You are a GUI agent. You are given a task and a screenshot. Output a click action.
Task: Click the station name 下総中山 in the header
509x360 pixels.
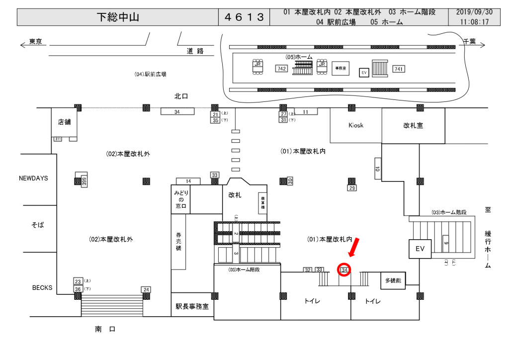(117, 17)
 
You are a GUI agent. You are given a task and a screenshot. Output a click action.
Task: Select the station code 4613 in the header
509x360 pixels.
(244, 17)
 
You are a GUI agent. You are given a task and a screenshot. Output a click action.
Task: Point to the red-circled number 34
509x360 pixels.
(344, 270)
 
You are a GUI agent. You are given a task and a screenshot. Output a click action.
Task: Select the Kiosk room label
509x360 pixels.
(355, 125)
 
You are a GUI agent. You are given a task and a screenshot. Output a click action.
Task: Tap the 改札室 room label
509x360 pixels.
(413, 126)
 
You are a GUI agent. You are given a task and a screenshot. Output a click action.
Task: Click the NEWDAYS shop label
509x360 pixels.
(34, 178)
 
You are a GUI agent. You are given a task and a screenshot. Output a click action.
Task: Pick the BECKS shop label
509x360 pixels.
(42, 288)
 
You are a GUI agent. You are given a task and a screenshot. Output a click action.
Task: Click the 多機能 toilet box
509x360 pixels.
(393, 281)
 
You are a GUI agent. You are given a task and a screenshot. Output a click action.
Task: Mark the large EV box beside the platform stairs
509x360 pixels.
(419, 249)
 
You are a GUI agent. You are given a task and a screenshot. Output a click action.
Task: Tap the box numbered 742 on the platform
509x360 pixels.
(281, 69)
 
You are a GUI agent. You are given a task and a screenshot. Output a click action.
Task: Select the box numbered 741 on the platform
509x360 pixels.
(398, 69)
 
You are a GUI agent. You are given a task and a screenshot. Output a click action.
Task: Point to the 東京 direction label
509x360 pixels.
(35, 42)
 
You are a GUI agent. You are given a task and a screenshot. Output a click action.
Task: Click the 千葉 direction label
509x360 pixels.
(469, 42)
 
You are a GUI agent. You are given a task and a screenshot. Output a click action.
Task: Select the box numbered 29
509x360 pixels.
(352, 188)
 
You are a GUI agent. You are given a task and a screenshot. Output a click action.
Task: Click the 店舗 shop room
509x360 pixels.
(65, 122)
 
